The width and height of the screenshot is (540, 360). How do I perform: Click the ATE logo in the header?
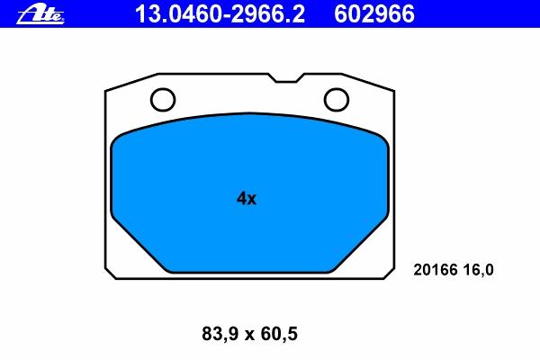click(40, 14)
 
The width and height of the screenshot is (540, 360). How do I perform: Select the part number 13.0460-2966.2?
click(220, 14)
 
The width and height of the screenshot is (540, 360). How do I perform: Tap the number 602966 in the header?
click(374, 14)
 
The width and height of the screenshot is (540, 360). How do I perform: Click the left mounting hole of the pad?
click(163, 100)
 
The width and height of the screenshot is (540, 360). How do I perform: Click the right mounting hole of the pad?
click(337, 100)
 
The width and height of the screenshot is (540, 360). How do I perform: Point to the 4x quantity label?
click(247, 199)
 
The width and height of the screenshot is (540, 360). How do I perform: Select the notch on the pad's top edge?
click(286, 78)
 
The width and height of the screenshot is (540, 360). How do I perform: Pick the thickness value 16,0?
click(479, 270)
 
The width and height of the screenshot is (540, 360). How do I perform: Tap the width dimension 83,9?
click(220, 334)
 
